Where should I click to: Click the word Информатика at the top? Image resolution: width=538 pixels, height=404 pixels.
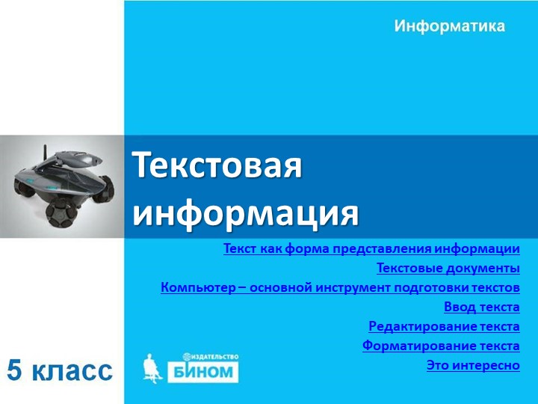pos(449,27)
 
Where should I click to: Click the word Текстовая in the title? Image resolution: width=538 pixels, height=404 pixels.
pos(217,165)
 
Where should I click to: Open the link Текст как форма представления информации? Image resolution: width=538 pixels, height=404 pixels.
pos(371,249)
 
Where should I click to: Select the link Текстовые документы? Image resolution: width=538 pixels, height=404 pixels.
pos(448,269)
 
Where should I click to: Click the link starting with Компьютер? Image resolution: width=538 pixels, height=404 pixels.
pos(340,288)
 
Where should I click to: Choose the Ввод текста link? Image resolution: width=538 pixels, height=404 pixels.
pos(481,307)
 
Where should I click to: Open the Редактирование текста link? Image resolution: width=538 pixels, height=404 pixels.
pos(444,327)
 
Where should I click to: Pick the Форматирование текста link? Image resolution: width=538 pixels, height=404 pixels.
pos(441,346)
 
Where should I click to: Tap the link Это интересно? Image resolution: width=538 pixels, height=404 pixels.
pos(472,366)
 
